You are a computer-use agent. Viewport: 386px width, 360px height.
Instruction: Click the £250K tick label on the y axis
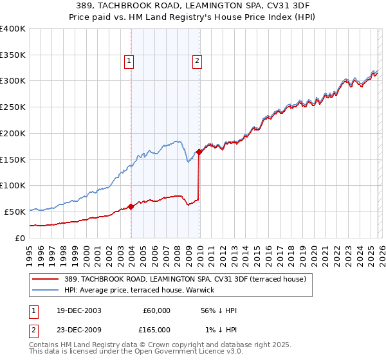click(x=13, y=107)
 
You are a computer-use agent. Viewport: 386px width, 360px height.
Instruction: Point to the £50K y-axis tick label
click(x=15, y=212)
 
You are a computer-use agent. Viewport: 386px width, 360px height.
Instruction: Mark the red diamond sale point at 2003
click(x=131, y=206)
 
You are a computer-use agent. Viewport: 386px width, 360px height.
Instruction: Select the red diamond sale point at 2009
click(x=199, y=152)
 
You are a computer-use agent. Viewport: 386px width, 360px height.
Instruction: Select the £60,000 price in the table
click(x=156, y=310)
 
